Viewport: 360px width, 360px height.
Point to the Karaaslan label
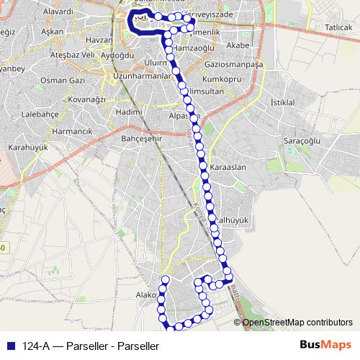[228, 167]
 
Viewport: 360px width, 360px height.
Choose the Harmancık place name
[73, 132]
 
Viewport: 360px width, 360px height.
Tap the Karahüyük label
[26, 147]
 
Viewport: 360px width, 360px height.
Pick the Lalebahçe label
[39, 114]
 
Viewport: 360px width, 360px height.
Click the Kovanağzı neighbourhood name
[87, 99]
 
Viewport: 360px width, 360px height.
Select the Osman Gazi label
[62, 80]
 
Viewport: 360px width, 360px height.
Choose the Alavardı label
[58, 12]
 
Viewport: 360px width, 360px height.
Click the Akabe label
[237, 45]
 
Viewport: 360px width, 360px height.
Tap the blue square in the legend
[11, 346]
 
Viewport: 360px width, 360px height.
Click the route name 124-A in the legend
[35, 346]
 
